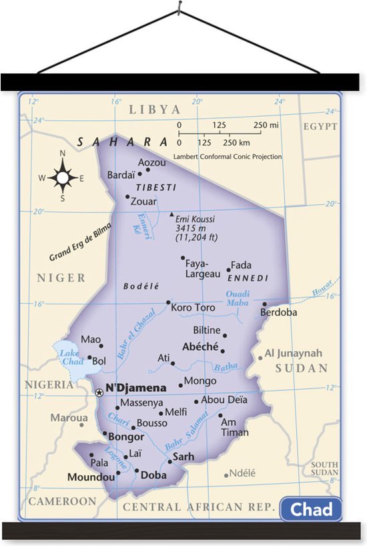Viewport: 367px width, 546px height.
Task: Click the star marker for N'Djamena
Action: [x=99, y=393]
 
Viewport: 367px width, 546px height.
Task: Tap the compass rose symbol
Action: [x=63, y=178]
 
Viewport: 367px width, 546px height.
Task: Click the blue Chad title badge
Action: [x=311, y=509]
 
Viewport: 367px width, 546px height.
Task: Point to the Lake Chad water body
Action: [x=67, y=361]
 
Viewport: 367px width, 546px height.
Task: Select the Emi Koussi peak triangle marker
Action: [x=171, y=215]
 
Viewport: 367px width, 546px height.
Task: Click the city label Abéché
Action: [x=200, y=346]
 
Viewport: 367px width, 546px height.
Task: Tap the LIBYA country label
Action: [x=155, y=109]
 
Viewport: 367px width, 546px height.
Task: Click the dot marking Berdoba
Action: [x=264, y=304]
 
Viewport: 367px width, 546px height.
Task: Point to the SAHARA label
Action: [x=122, y=142]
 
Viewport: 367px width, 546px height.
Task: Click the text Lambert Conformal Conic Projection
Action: [x=227, y=157]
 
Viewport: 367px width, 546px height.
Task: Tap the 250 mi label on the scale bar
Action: [x=266, y=125]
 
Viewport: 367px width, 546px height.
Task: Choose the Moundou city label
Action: [x=91, y=477]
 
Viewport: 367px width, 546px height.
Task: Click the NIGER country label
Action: [x=61, y=278]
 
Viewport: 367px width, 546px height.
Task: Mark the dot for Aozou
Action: [x=148, y=170]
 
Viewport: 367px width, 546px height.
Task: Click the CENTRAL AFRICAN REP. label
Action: [x=198, y=507]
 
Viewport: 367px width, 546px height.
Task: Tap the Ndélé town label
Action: [x=243, y=473]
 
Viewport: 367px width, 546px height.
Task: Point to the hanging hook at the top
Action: [x=179, y=7]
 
